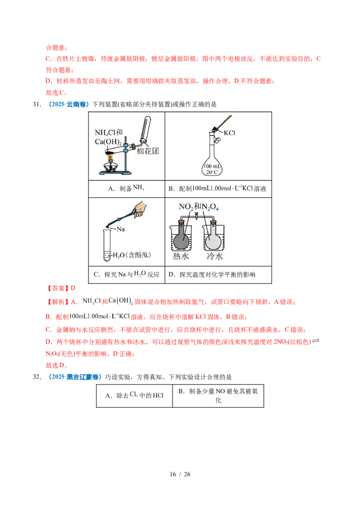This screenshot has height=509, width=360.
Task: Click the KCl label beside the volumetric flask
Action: [230, 133]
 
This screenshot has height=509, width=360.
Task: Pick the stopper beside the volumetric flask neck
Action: [217, 140]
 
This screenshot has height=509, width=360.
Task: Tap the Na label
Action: [121, 229]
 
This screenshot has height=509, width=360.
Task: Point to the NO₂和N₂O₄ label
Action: [196, 207]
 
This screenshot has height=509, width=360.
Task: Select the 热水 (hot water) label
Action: [182, 256]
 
